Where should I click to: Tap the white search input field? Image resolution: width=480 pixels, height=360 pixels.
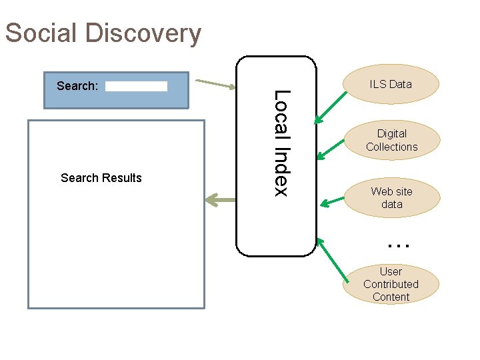pyautogui.click(x=136, y=87)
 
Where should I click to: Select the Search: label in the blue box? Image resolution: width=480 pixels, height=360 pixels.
pyautogui.click(x=77, y=86)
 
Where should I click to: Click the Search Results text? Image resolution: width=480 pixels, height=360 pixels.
pyautogui.click(x=101, y=178)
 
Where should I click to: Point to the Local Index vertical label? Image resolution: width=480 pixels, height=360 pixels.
pyautogui.click(x=281, y=143)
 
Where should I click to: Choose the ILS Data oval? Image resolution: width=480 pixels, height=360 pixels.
pyautogui.click(x=391, y=84)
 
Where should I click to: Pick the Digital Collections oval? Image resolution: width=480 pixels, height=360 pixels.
pyautogui.click(x=392, y=140)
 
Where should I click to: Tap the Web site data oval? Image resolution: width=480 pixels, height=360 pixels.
pyautogui.click(x=392, y=198)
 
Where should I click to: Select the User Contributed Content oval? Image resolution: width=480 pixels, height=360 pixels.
pyautogui.click(x=391, y=284)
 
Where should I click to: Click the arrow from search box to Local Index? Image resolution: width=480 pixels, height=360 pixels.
pyautogui.click(x=217, y=84)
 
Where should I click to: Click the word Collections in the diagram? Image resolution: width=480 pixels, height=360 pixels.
pyautogui.click(x=392, y=147)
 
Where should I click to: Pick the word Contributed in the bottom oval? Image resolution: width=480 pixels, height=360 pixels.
pyautogui.click(x=391, y=284)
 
